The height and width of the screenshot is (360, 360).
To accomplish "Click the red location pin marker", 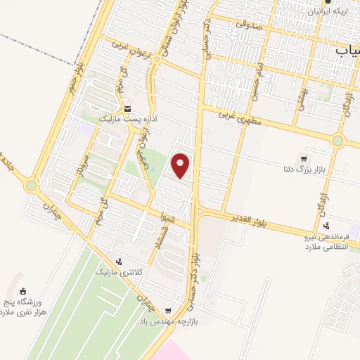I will [181, 166].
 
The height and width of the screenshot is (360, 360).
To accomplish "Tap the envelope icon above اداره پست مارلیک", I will [127, 109].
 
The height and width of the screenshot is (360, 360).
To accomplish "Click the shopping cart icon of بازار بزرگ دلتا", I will [303, 159].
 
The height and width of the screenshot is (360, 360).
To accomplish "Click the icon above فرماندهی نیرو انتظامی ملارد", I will [326, 226].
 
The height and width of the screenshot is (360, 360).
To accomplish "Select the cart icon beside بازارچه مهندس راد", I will [167, 310].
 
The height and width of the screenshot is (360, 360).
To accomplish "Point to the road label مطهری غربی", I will [238, 116].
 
